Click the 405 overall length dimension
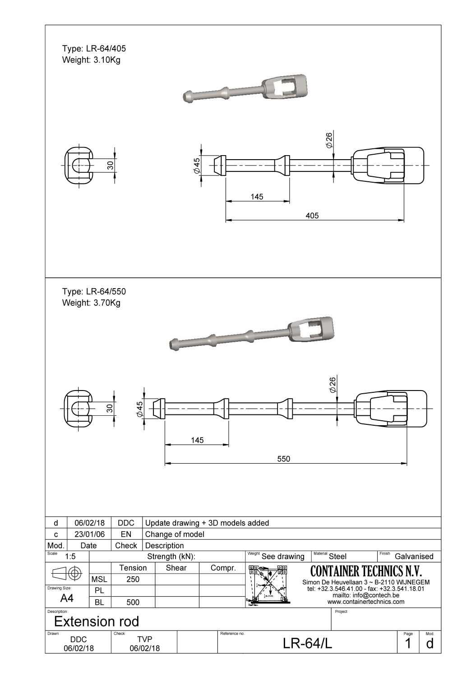(x=312, y=216)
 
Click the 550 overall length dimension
(x=283, y=459)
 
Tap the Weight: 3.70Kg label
(x=91, y=303)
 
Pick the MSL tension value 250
(x=133, y=579)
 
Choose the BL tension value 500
(x=133, y=602)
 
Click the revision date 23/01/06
(x=89, y=534)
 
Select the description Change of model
(x=175, y=534)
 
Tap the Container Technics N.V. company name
(x=366, y=571)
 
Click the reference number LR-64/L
(x=307, y=644)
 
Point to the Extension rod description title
(x=97, y=621)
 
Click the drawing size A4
(x=67, y=598)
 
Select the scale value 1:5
(x=70, y=556)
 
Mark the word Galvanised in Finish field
(x=414, y=556)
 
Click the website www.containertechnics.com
(x=366, y=602)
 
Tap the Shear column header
(x=176, y=568)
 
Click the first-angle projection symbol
(x=67, y=573)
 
